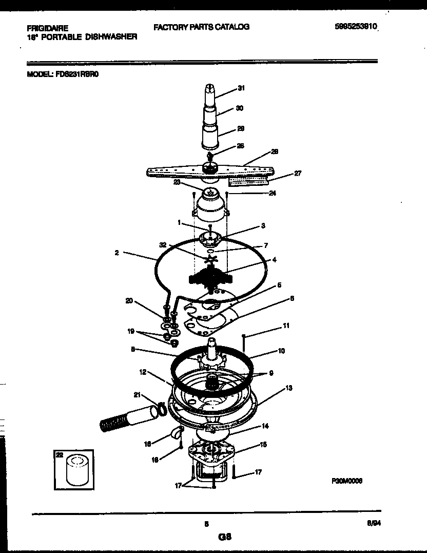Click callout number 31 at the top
(x=241, y=88)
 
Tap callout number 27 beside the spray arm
(x=297, y=173)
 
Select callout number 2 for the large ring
(x=117, y=252)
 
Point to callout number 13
(x=289, y=388)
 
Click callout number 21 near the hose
(x=137, y=394)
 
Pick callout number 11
(x=286, y=326)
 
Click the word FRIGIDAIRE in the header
(x=47, y=29)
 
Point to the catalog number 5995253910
(x=356, y=27)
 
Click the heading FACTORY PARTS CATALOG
(x=201, y=27)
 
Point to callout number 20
(x=130, y=301)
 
